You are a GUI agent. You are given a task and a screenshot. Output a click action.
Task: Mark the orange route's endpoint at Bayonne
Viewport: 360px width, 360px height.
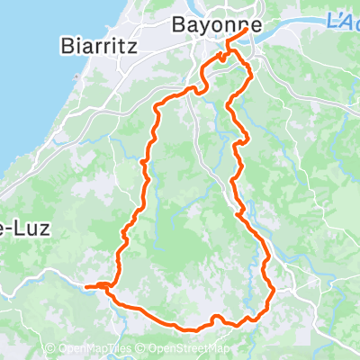point(247,31)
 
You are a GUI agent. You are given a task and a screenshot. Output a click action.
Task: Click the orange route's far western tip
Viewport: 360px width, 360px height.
point(86,287)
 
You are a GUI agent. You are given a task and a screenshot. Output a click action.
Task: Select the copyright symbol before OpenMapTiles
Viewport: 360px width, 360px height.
point(49,349)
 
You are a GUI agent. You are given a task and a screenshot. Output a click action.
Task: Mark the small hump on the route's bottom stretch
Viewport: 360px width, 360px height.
point(217,317)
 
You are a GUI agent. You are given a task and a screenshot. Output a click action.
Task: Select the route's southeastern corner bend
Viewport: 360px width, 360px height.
point(269,290)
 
